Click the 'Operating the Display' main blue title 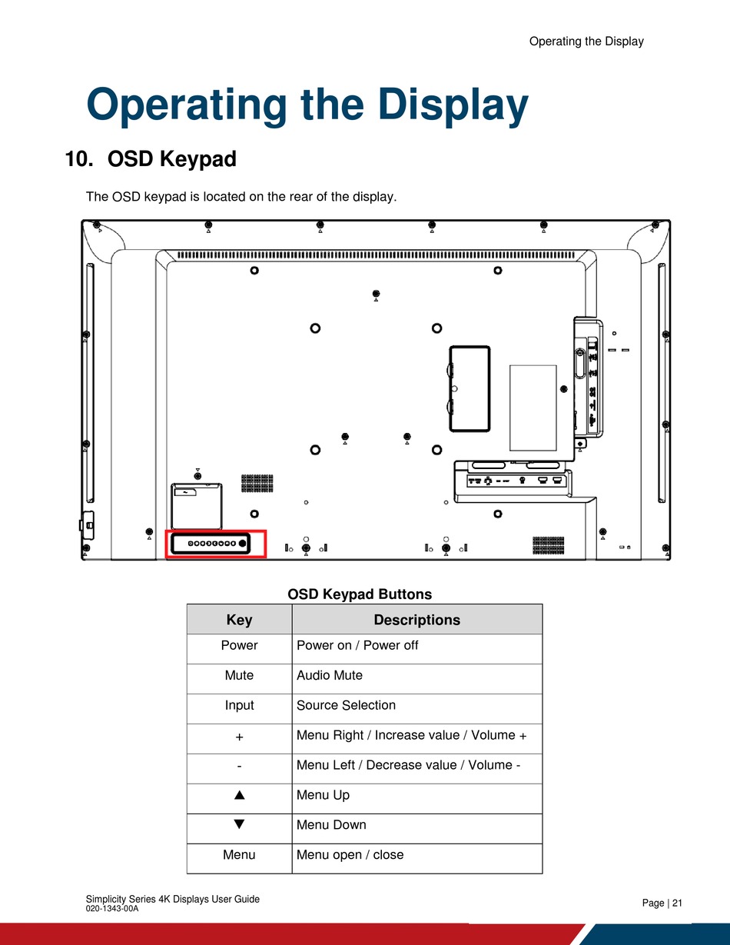click(307, 105)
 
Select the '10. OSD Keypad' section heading click(151, 160)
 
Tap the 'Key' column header click(239, 620)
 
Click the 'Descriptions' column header click(416, 620)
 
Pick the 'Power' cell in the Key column click(239, 645)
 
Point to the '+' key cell click(239, 736)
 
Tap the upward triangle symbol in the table click(239, 795)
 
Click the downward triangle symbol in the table click(239, 824)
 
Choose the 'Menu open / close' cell click(350, 855)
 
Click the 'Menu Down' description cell click(331, 825)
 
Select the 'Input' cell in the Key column click(239, 705)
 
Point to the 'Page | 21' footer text click(662, 903)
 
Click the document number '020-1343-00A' click(112, 909)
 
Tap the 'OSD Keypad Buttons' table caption click(360, 594)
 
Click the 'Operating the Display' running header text click(586, 42)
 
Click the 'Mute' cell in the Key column click(239, 675)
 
